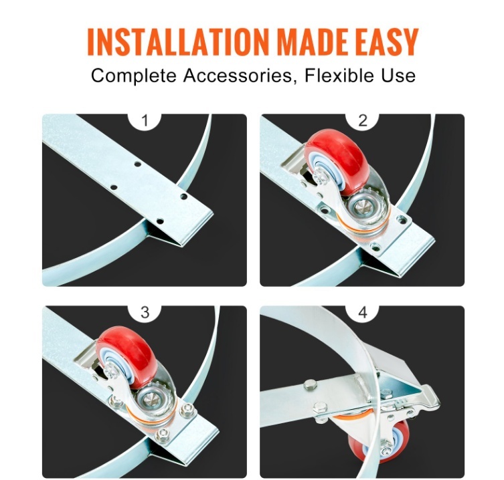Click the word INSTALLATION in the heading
pos(177,41)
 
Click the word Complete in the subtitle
pos(133,76)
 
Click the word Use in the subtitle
pos(399,75)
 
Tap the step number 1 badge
pos(145,121)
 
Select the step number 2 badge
pos(363,121)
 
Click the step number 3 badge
pos(145,312)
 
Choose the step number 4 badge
pos(363,312)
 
